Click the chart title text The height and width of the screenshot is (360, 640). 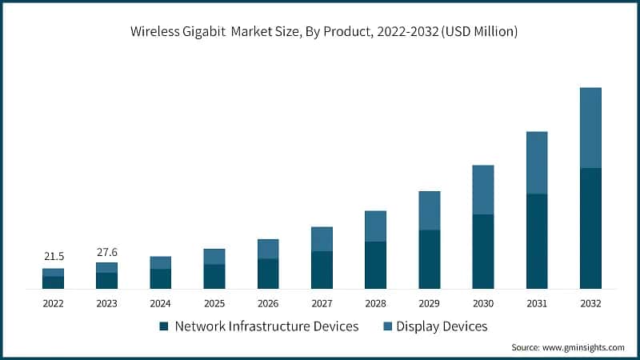coord(320,32)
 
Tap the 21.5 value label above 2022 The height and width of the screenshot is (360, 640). coord(54,256)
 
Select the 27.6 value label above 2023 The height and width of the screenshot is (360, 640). coord(106,252)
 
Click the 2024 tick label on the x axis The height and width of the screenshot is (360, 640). coord(160,304)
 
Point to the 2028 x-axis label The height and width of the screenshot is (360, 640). coord(375,304)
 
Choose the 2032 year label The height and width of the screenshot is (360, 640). coord(590,304)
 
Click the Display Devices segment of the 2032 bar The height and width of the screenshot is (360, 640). coord(590,128)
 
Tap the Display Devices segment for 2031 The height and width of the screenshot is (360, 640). coord(537,162)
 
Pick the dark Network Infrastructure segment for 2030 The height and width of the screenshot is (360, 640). coord(483,251)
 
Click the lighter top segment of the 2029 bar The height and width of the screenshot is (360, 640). coord(430,210)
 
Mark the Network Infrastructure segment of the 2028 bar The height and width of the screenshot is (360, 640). coord(375,265)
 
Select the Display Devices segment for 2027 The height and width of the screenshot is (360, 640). coord(322,239)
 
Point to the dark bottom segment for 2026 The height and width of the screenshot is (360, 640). coord(268,274)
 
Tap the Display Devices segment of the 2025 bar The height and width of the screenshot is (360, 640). coord(214,257)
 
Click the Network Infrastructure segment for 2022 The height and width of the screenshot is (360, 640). coord(54,282)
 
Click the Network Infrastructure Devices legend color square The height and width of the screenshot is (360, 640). coord(164,326)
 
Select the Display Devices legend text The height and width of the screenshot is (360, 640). coord(442,326)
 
